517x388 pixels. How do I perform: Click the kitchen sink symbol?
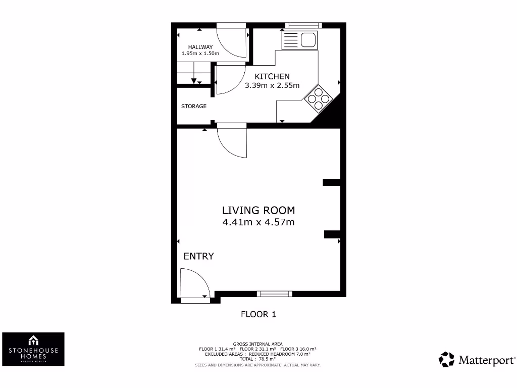[300, 39]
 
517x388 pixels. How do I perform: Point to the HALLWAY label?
[200, 47]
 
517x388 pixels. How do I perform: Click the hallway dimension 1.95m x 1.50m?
[200, 53]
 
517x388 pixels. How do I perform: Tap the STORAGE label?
[194, 106]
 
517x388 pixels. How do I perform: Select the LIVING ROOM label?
[258, 210]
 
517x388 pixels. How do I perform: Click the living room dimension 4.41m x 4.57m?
[258, 222]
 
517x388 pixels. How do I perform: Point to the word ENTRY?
[198, 256]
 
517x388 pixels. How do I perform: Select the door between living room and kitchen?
[232, 141]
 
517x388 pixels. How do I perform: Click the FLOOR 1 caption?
[258, 314]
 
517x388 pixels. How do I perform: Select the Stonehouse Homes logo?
[33, 349]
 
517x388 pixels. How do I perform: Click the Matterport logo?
[477, 360]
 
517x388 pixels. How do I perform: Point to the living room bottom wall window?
[274, 294]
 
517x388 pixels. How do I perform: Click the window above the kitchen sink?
[303, 25]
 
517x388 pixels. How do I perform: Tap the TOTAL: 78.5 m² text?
[258, 359]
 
